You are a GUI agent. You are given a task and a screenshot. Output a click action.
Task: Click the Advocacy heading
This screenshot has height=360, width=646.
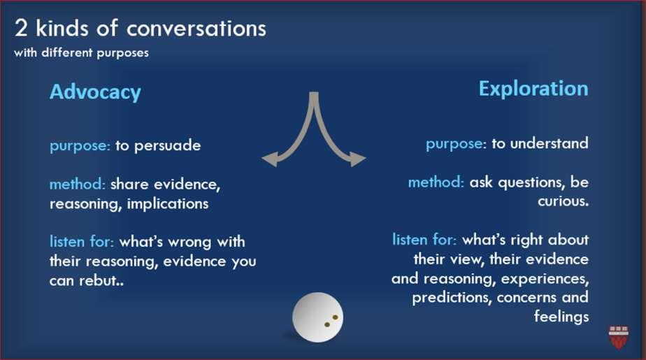[95, 92]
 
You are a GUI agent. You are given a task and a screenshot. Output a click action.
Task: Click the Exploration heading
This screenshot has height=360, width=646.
[533, 89]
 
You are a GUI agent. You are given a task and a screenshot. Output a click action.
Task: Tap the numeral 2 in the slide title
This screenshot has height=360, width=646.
[21, 29]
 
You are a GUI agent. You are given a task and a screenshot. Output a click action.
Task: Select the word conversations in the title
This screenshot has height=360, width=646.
[196, 29]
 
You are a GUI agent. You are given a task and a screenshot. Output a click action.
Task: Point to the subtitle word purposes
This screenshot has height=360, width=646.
[123, 53]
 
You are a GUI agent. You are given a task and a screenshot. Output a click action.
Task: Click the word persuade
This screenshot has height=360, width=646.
[168, 145]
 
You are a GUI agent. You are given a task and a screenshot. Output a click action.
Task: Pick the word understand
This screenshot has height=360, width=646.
[550, 143]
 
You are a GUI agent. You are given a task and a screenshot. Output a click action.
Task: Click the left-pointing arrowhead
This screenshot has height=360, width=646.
[270, 159]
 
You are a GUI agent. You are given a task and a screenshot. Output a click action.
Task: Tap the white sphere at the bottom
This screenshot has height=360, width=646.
[317, 317]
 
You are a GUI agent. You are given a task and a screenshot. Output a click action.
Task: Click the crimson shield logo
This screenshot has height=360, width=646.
[619, 338]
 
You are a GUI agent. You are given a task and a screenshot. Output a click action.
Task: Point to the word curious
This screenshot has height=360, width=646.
[562, 201]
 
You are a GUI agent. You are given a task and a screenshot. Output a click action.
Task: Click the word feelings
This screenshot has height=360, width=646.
[561, 317]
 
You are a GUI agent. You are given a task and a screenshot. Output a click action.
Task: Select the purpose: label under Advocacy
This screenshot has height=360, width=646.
[80, 146]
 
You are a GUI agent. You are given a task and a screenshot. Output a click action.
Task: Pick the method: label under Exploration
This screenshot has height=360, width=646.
[436, 182]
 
